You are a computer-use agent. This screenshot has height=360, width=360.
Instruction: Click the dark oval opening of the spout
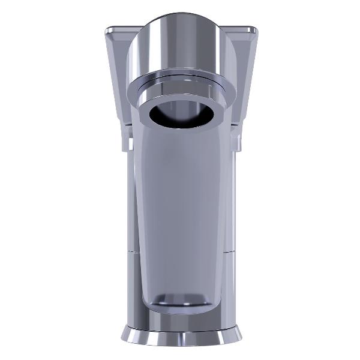pos(180,114)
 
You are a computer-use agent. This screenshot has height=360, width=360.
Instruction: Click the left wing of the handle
pos(117,72)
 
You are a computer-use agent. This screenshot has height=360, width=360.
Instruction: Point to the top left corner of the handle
pos(107,28)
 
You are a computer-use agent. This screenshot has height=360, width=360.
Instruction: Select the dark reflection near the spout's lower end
pos(180,298)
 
